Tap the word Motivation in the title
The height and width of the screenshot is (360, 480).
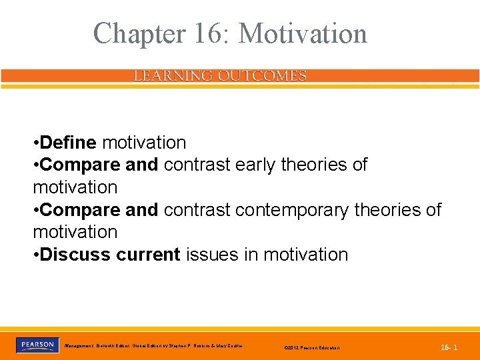point(303,33)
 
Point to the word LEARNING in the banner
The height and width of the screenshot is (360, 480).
point(169,76)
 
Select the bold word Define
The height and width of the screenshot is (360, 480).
point(69,143)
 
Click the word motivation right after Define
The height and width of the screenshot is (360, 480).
point(144,143)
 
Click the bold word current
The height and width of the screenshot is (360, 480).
point(148,255)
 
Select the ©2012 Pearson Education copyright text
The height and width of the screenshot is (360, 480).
point(311,348)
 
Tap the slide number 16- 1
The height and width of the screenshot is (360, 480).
point(449,347)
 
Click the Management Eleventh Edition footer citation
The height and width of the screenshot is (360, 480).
point(153,346)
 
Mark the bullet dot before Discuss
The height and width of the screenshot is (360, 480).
point(36,255)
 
